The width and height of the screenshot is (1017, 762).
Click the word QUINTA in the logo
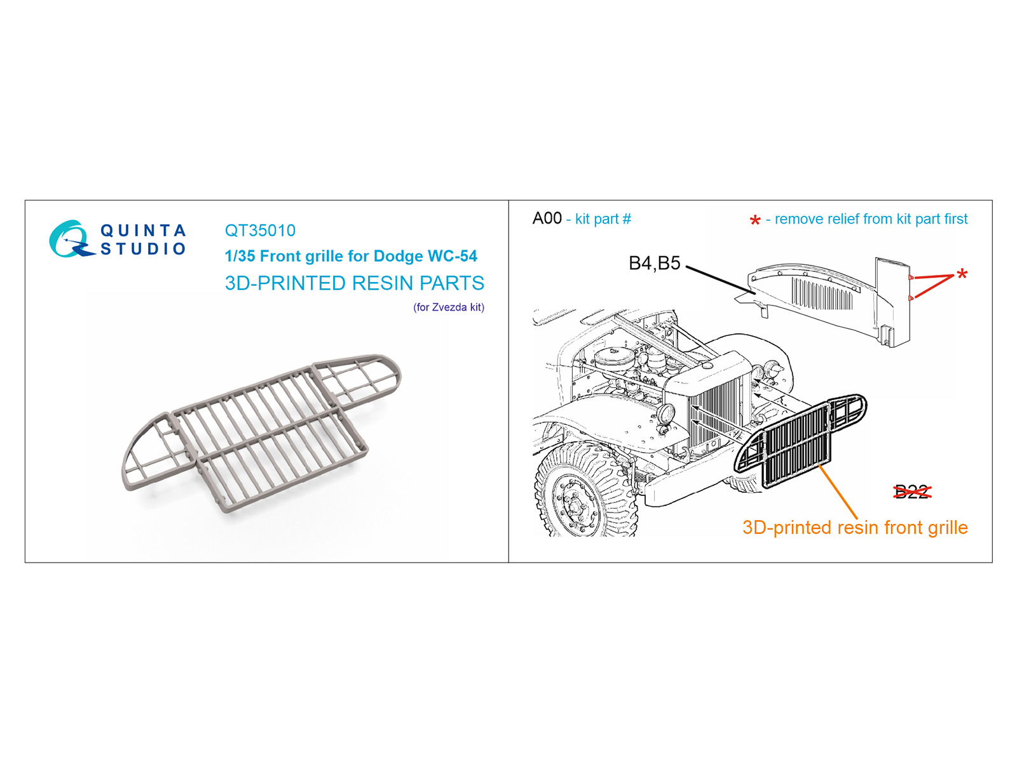pos(143,230)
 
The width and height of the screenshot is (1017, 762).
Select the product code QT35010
pos(260,231)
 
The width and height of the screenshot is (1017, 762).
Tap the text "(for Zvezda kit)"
pos(449,307)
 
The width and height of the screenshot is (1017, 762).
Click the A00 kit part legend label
pos(547,218)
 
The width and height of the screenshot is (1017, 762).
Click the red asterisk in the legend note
pos(754,220)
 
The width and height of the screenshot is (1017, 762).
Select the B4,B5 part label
pos(654,264)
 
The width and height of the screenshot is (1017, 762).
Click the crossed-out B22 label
pos(912,491)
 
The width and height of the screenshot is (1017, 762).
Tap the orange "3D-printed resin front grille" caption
pos(855,528)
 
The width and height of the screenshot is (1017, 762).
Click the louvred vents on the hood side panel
pos(821,294)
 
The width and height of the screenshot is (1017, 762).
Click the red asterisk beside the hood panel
pos(962,274)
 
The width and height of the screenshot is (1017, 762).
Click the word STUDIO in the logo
pos(143,248)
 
